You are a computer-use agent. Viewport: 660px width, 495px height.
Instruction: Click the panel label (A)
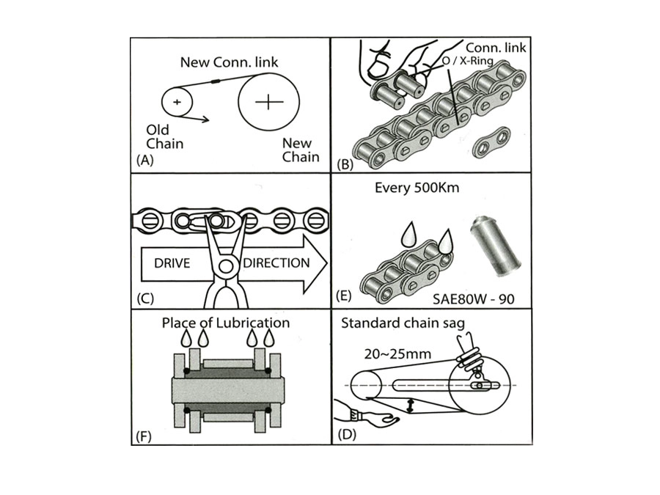144,162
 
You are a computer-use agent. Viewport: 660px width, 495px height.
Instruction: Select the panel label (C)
144,298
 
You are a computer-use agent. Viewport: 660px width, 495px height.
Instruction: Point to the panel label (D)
347,434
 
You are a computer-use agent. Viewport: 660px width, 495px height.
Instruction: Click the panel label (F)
144,434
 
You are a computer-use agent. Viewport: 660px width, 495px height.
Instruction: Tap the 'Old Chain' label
164,136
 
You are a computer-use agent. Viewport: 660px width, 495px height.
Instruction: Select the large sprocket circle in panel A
268,103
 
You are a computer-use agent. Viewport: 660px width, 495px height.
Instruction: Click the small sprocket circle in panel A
177,101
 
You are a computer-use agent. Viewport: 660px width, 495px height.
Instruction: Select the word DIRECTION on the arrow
276,263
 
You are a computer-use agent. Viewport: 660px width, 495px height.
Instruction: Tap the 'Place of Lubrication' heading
226,323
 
